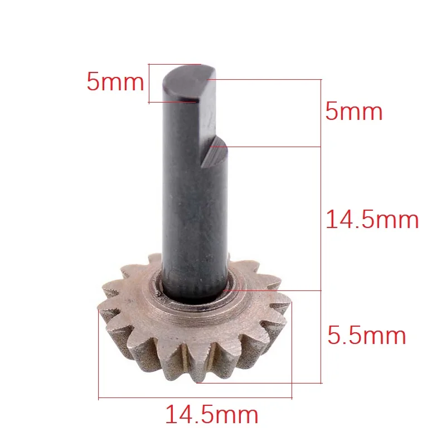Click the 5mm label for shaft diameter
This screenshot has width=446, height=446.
(115, 81)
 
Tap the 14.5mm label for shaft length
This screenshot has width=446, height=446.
(372, 219)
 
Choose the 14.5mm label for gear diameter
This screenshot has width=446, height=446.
(212, 414)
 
